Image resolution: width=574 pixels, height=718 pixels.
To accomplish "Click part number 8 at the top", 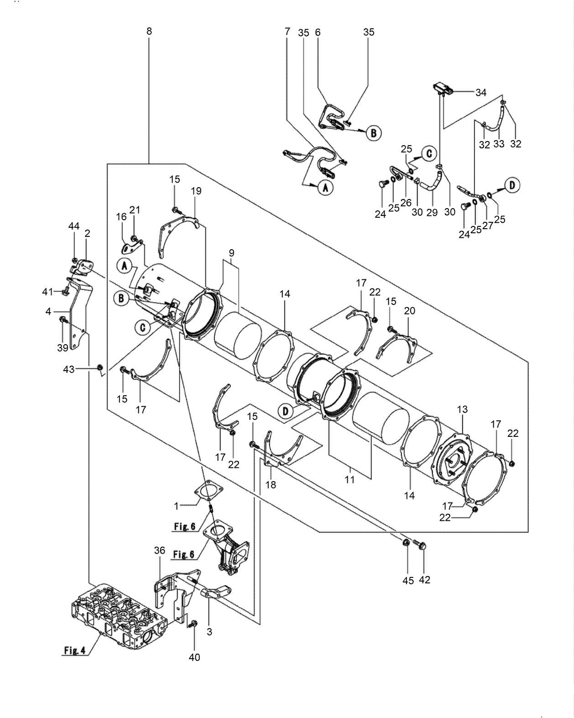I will pyautogui.click(x=149, y=31).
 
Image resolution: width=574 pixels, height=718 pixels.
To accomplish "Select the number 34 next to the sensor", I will pyautogui.click(x=480, y=93).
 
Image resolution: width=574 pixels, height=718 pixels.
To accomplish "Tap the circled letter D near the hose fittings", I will pyautogui.click(x=512, y=185).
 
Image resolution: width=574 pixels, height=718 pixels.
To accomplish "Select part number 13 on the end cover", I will pyautogui.click(x=462, y=409).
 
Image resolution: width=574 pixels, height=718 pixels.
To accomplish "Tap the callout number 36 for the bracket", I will pyautogui.click(x=159, y=551).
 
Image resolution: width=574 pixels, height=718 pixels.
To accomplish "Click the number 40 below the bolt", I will pyautogui.click(x=195, y=657).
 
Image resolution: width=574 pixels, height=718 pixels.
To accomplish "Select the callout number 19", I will pyautogui.click(x=196, y=191).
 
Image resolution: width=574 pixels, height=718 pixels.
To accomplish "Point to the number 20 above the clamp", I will pyautogui.click(x=409, y=310).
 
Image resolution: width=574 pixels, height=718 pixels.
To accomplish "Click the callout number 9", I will pyautogui.click(x=231, y=252).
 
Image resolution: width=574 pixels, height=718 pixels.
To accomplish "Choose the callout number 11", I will pyautogui.click(x=350, y=480).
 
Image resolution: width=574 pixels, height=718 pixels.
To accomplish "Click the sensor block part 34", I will pyautogui.click(x=443, y=88).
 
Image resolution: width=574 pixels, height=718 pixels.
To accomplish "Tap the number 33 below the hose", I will pyautogui.click(x=499, y=144).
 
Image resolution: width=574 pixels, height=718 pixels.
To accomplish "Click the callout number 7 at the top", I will pyautogui.click(x=287, y=31).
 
